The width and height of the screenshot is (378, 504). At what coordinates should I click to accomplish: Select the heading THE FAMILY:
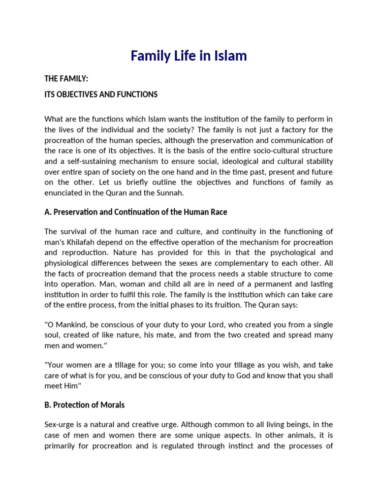[x=66, y=79]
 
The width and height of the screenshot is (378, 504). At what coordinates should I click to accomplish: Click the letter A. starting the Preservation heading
[x=48, y=212]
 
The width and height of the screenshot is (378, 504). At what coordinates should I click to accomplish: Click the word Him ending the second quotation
[x=71, y=386]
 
